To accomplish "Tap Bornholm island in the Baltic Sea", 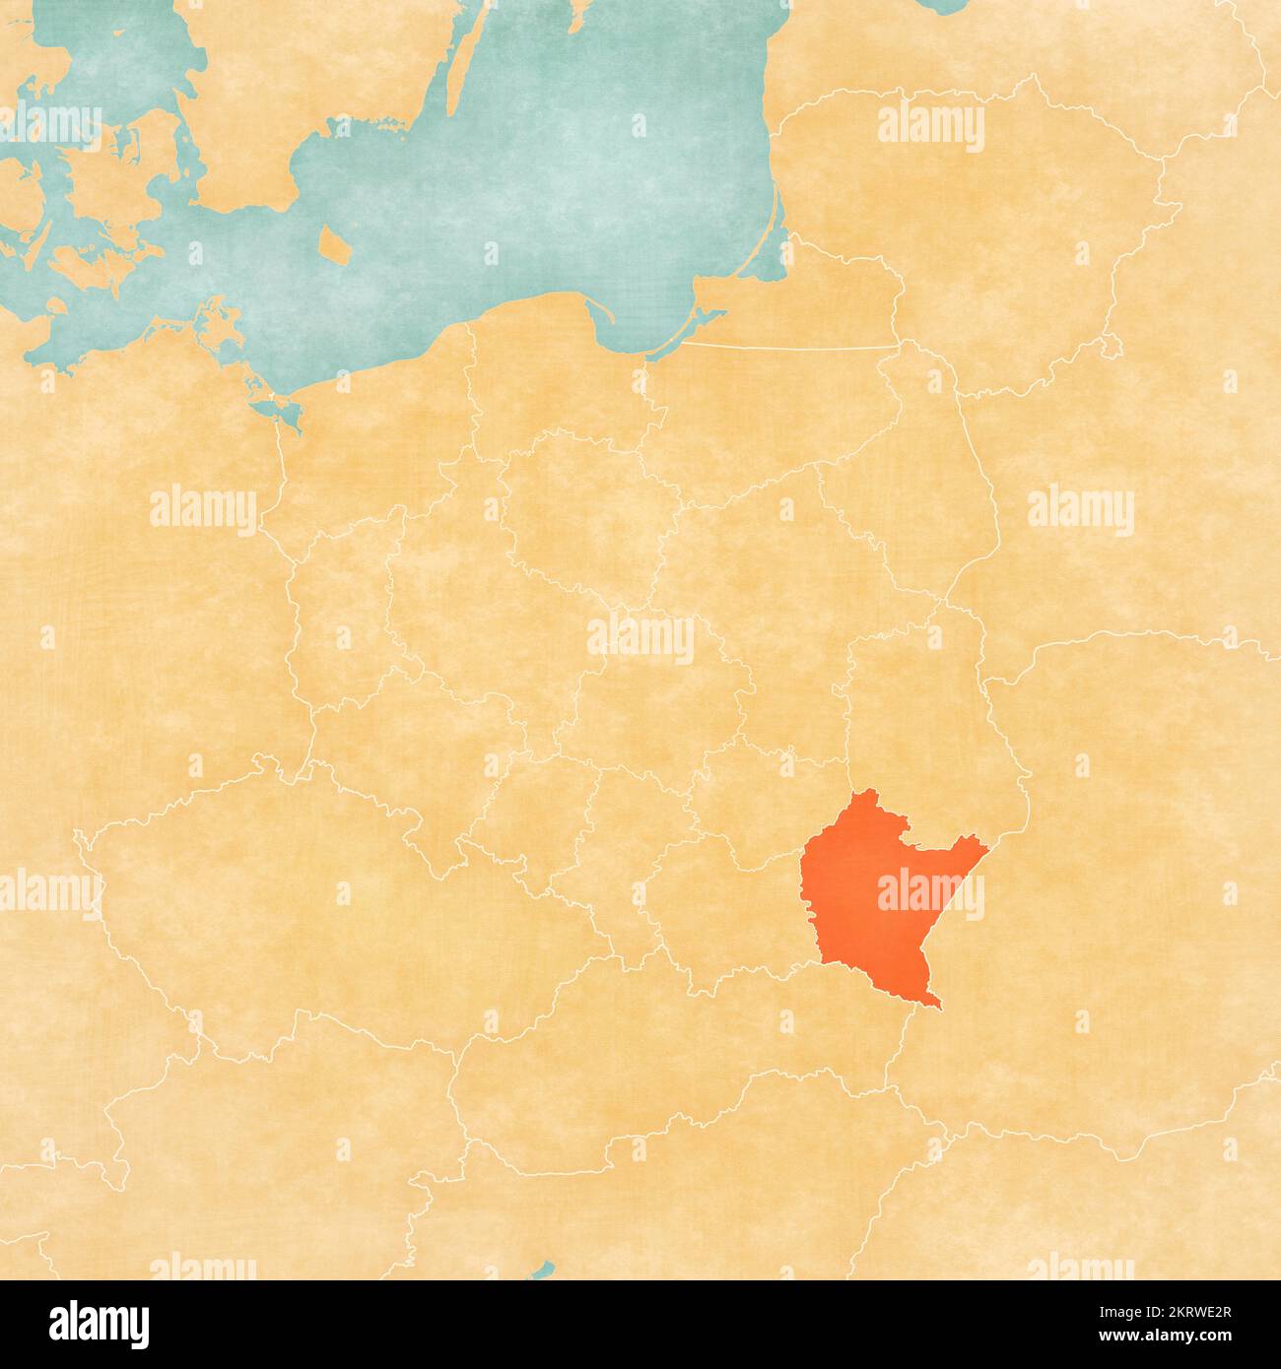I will coord(336,245).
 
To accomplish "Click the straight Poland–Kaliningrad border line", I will coord(788,347).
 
